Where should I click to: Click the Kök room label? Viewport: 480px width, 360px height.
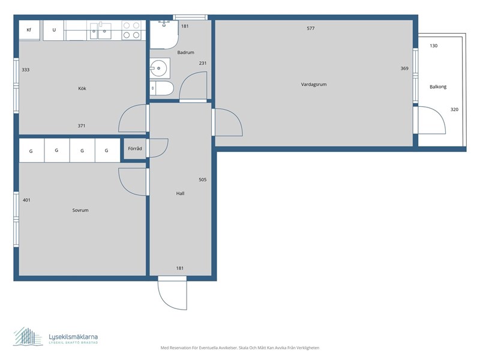(82, 88)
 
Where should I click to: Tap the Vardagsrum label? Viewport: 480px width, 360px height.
(313, 85)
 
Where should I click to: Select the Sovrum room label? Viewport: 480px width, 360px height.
(80, 211)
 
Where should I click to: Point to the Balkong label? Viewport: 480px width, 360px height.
(438, 87)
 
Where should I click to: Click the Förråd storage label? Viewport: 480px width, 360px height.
(134, 148)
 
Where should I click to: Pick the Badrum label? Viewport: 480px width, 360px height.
(185, 53)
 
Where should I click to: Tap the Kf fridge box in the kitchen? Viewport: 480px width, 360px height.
(29, 30)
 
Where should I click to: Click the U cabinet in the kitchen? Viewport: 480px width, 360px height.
(53, 30)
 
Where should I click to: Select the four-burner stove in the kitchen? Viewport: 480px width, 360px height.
(131, 31)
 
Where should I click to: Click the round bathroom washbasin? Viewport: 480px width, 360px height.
(158, 68)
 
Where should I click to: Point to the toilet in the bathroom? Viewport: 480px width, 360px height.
(161, 88)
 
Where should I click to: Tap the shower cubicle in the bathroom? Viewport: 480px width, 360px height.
(164, 34)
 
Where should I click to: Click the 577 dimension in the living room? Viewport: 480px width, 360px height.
(310, 28)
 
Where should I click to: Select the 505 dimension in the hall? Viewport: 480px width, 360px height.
(202, 179)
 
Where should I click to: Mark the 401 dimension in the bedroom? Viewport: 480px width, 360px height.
(26, 200)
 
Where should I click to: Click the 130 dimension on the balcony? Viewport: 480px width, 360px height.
(433, 46)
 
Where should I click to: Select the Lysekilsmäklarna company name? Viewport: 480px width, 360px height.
(73, 337)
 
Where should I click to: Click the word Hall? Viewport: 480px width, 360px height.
(181, 193)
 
